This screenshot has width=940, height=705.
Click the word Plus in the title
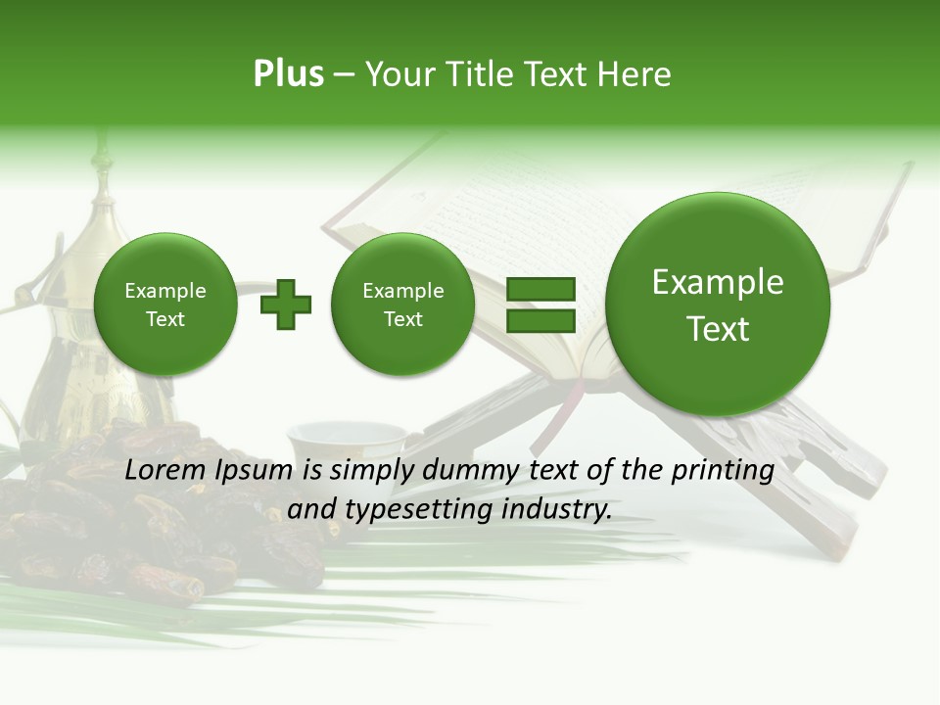288,74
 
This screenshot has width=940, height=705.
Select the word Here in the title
635,74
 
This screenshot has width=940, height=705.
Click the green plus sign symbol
286,305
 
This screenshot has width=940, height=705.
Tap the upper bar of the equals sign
540,289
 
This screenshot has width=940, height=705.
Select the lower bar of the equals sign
540,321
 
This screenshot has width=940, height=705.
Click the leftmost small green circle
165,305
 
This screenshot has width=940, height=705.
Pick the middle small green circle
403,305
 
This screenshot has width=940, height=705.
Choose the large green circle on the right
718,305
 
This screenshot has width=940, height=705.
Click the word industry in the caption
563,510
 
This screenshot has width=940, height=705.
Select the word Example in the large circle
718,283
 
